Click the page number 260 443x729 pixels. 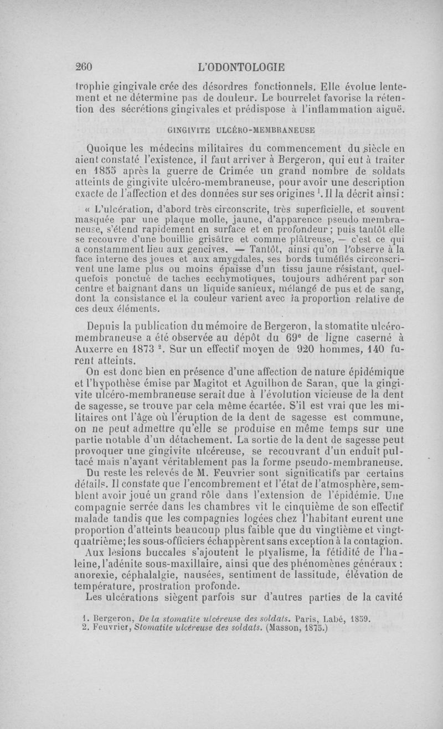click(x=84, y=67)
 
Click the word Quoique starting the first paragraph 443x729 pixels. click(x=108, y=148)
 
